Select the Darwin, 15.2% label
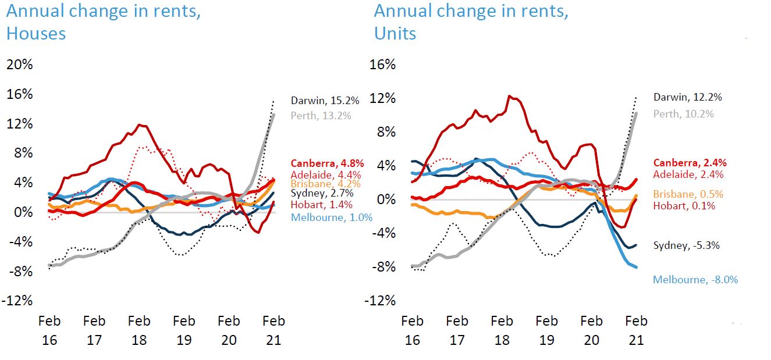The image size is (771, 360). pyautogui.click(x=325, y=100)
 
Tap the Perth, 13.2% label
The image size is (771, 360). pyautogui.click(x=321, y=115)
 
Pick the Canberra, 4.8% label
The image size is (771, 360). pyautogui.click(x=327, y=163)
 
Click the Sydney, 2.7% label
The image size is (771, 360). pyautogui.click(x=321, y=194)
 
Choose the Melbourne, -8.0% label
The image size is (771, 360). pyautogui.click(x=695, y=280)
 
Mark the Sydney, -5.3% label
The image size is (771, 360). pyautogui.click(x=687, y=245)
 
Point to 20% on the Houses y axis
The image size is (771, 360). pyautogui.click(x=19, y=65)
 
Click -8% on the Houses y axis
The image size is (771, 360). pyautogui.click(x=19, y=271)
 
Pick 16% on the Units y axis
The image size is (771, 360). pyautogui.click(x=382, y=65)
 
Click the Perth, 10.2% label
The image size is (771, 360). pyautogui.click(x=683, y=114)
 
